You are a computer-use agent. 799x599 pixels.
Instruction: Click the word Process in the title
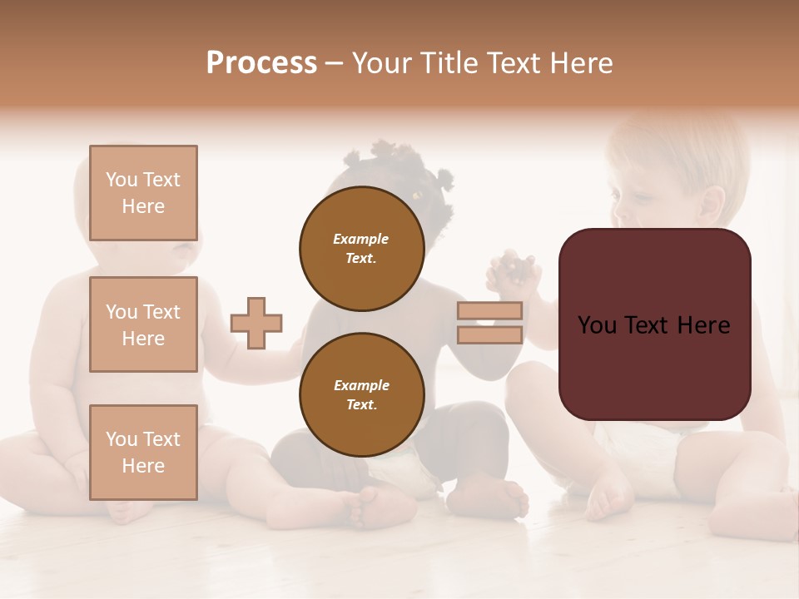(x=261, y=63)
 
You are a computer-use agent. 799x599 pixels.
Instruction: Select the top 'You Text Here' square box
(x=143, y=193)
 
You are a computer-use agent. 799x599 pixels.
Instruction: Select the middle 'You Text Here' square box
(x=143, y=324)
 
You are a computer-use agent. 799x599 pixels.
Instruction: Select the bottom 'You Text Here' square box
(x=143, y=452)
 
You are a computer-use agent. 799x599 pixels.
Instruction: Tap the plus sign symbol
(x=256, y=323)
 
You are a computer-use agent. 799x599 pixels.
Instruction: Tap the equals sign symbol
(x=489, y=323)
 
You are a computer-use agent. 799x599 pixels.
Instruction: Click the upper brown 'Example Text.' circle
(x=361, y=248)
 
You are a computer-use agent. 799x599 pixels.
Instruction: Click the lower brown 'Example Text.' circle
(x=361, y=394)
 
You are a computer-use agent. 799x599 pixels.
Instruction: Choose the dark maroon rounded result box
(x=654, y=324)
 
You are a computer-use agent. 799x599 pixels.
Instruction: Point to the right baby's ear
(x=712, y=204)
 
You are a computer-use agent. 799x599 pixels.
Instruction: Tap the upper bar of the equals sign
(x=489, y=310)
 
